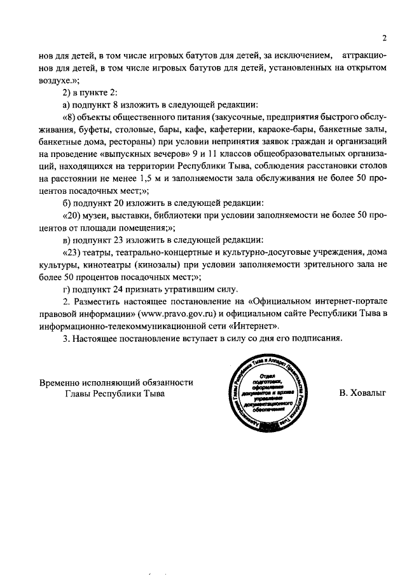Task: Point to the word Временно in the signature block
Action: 60,382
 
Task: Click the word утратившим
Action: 190,289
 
